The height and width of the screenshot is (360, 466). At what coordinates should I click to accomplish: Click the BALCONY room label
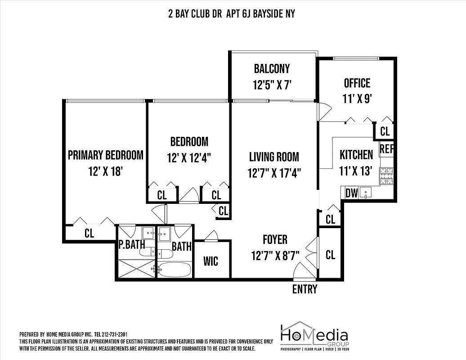272,69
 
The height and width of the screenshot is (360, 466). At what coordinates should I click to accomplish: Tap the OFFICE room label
357,83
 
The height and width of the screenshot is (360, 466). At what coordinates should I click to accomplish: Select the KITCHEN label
356,155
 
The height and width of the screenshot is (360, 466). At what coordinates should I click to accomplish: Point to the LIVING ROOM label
274,157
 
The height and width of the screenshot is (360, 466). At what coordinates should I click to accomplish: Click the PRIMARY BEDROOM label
105,155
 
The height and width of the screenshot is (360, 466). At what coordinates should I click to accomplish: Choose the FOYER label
275,240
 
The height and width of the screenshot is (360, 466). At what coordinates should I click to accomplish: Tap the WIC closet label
211,261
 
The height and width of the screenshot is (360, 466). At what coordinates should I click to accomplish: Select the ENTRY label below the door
305,289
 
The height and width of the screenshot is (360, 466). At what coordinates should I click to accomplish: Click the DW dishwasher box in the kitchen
351,193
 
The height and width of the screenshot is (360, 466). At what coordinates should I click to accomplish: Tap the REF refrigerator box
386,149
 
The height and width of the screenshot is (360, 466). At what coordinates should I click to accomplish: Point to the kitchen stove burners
386,176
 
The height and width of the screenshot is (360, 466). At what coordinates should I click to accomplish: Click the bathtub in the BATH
174,270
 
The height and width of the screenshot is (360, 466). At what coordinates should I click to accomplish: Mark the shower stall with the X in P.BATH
136,269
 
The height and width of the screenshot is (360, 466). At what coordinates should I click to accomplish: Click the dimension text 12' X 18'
105,171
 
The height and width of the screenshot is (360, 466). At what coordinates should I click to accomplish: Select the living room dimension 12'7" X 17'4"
274,173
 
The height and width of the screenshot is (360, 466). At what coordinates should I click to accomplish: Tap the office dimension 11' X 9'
357,99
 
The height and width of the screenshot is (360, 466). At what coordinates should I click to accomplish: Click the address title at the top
231,13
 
